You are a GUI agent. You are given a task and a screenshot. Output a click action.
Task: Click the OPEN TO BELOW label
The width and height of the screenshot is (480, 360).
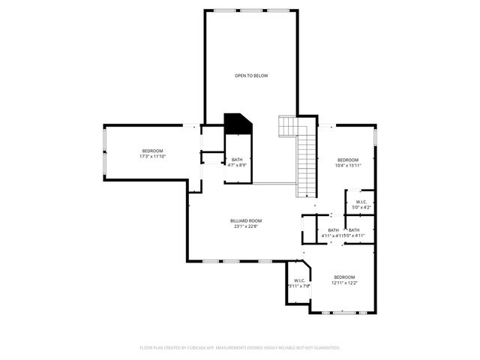pyautogui.click(x=251, y=76)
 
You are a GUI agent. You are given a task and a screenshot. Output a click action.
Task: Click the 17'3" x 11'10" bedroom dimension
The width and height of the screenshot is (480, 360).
pyautogui.click(x=152, y=157)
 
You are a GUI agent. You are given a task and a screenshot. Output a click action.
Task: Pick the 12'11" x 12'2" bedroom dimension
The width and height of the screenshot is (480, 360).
pyautogui.click(x=344, y=282)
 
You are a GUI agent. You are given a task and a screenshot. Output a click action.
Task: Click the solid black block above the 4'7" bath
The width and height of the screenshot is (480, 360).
pyautogui.click(x=238, y=124)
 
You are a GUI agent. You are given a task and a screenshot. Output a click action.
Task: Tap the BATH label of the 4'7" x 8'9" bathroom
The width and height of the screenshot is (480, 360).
pyautogui.click(x=237, y=160)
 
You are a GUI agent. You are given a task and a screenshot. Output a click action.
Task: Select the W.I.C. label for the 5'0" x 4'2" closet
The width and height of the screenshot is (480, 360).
pyautogui.click(x=361, y=201)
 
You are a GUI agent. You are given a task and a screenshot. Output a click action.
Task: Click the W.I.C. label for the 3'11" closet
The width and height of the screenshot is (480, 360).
pyautogui.click(x=298, y=280)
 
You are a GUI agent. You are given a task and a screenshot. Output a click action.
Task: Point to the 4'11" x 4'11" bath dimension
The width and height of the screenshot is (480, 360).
pyautogui.click(x=331, y=236)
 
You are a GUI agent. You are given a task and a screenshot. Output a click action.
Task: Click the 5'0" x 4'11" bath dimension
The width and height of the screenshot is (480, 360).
pyautogui.click(x=354, y=236)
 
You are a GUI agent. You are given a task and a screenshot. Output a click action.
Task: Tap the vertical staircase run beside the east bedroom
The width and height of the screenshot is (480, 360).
pyautogui.click(x=305, y=165)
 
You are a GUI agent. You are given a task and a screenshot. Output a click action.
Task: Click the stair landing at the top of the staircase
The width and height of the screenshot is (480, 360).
pyautogui.click(x=289, y=126)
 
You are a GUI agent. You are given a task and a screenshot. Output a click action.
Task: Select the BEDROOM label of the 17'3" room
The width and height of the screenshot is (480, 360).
pyautogui.click(x=152, y=151)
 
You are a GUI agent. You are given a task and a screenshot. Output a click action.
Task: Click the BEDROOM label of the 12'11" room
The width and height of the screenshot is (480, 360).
pyautogui.click(x=344, y=276)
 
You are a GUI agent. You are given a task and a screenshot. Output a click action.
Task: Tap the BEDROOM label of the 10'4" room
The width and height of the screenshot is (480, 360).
pyautogui.click(x=347, y=160)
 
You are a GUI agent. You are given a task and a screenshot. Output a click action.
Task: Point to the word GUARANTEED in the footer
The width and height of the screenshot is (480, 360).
pyautogui.click(x=325, y=348)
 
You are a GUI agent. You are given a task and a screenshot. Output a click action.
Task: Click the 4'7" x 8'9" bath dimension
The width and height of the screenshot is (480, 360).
pyautogui.click(x=237, y=165)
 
